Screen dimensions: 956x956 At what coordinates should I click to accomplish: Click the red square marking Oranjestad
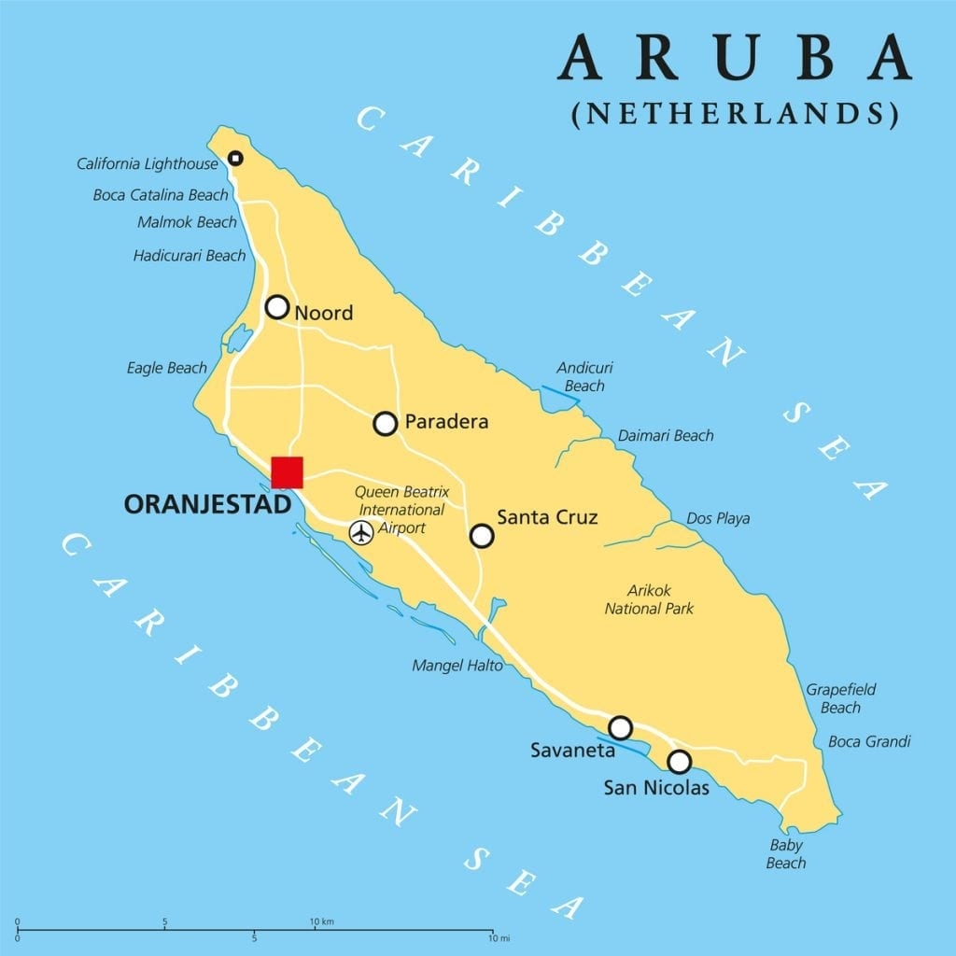point(287,472)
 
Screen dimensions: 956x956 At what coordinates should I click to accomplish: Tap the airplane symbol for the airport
point(361,532)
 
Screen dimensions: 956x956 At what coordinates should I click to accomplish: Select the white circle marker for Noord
point(277,307)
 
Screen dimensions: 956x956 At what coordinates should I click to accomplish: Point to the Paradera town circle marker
point(386,424)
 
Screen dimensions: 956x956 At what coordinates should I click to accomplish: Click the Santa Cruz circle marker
point(482,535)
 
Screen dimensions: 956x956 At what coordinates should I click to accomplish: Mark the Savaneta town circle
point(620,727)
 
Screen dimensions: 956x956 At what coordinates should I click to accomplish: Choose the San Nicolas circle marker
point(680,762)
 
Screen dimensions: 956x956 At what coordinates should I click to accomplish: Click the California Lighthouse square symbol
point(235,159)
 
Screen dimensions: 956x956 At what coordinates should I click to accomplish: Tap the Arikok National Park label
point(649,599)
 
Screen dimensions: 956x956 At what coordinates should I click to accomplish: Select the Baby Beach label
point(786,853)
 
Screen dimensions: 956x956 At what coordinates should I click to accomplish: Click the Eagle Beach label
point(167,368)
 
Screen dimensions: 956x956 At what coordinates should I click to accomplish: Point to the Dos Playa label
point(718,518)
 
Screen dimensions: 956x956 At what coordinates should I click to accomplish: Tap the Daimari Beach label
point(666,435)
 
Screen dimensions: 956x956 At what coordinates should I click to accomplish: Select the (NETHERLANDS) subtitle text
point(734,113)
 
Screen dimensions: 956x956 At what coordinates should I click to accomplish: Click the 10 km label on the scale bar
point(322,921)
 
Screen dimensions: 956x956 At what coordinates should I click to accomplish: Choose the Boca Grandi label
point(869,741)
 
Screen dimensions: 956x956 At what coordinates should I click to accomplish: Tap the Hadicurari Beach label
point(190,255)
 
